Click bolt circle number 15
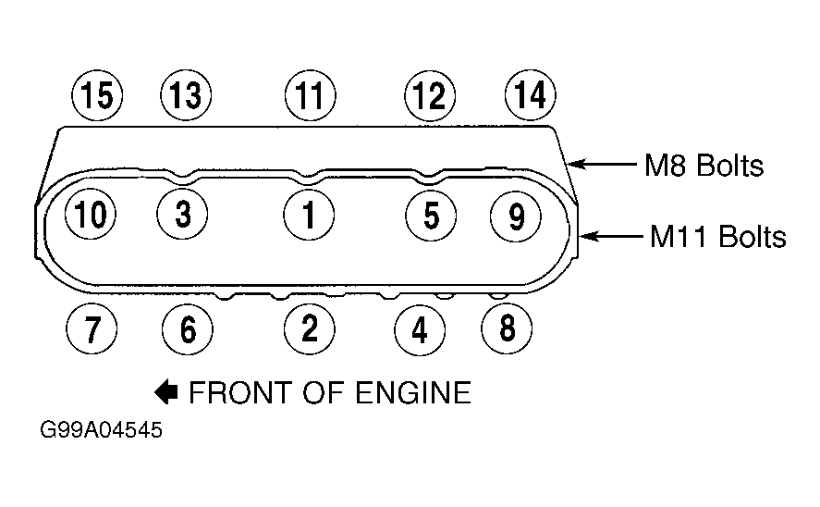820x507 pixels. [x=97, y=95]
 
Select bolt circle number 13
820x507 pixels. [x=186, y=95]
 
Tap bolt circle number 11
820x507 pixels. [x=311, y=95]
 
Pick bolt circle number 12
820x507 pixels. [x=430, y=95]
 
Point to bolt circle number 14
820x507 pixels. [x=531, y=94]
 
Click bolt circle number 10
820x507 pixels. [x=91, y=214]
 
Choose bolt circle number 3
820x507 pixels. [x=182, y=214]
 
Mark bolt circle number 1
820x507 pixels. [x=309, y=215]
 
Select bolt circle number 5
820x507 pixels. [x=431, y=215]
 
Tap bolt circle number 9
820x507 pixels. [x=516, y=216]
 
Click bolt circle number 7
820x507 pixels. [x=92, y=329]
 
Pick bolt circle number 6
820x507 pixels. [x=188, y=329]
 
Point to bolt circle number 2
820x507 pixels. [x=310, y=328]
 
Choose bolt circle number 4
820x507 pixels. [x=420, y=329]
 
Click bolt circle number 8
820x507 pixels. [x=507, y=328]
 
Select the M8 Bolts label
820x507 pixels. [x=704, y=166]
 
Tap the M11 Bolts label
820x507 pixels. [x=718, y=236]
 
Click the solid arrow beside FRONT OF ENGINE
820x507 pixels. [x=166, y=392]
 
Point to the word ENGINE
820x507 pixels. [x=406, y=392]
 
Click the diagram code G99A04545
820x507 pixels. [x=102, y=430]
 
